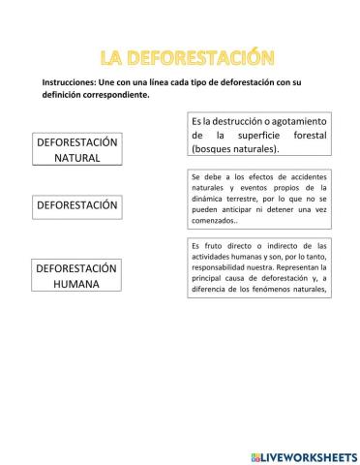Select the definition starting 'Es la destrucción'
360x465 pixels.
[258, 136]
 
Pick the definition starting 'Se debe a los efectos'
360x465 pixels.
[260, 200]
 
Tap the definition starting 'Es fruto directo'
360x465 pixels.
[260, 265]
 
